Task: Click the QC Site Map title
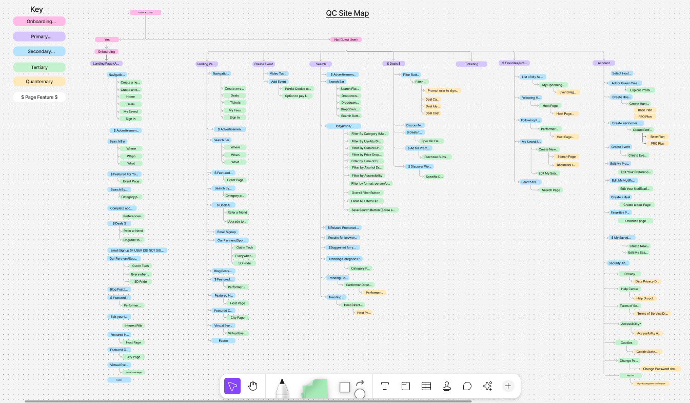click(x=347, y=13)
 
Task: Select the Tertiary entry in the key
click(x=40, y=67)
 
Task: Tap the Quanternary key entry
click(x=40, y=82)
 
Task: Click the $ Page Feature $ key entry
click(x=40, y=97)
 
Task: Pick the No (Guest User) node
click(x=345, y=40)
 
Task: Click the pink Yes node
click(x=107, y=40)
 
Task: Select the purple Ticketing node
click(x=471, y=64)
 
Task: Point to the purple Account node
click(x=604, y=63)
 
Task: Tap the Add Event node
click(x=279, y=82)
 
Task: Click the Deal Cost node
click(x=432, y=113)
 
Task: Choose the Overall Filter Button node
click(x=366, y=193)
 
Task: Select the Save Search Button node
click(x=373, y=210)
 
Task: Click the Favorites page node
click(x=635, y=221)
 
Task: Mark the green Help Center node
click(x=629, y=289)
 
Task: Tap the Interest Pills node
click(x=133, y=325)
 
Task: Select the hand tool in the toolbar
click(x=252, y=386)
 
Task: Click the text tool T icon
click(x=385, y=386)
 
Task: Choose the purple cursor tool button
click(x=232, y=386)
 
